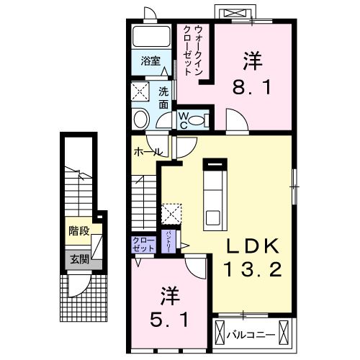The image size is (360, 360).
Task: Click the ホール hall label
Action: click(x=147, y=153)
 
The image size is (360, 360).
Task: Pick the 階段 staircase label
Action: click(x=78, y=232)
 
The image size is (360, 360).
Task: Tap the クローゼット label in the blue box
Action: click(x=143, y=243)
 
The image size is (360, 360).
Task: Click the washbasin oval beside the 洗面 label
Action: click(x=141, y=119)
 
